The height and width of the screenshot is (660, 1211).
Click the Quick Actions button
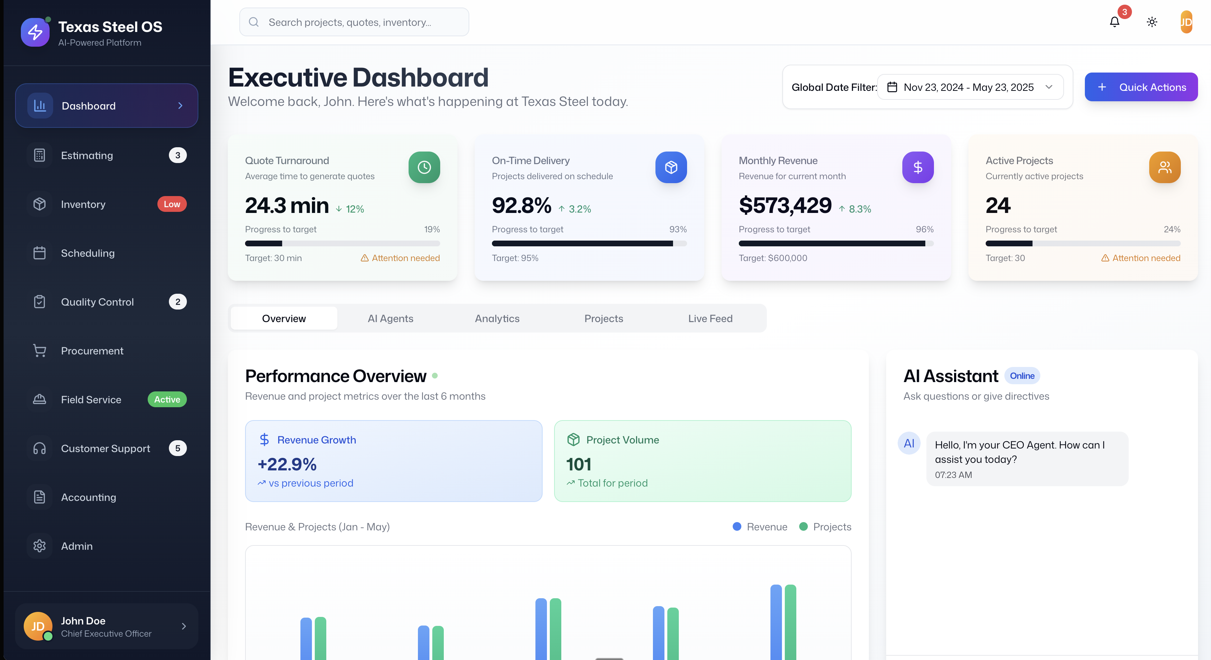point(1141,87)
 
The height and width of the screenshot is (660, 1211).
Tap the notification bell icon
point(1114,22)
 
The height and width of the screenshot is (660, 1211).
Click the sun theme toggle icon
point(1152,22)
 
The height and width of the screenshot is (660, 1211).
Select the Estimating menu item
point(87,155)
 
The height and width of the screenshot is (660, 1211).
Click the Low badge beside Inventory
point(172,204)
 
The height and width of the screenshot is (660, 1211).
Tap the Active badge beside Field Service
point(167,400)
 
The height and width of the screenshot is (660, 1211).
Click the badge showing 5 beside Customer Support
point(178,448)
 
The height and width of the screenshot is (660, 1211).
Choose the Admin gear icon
point(40,546)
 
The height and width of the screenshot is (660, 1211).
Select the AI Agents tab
point(390,319)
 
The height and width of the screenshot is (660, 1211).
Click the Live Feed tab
point(710,319)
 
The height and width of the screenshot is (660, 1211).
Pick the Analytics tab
point(497,319)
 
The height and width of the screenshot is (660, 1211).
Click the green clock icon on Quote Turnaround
point(424,167)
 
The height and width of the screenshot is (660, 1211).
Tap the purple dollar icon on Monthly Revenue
point(918,167)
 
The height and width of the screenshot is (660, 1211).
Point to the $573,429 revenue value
point(785,206)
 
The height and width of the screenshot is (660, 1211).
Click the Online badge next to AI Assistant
point(1022,376)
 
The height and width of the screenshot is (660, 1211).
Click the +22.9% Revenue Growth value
point(287,465)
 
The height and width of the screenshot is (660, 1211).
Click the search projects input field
point(354,22)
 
